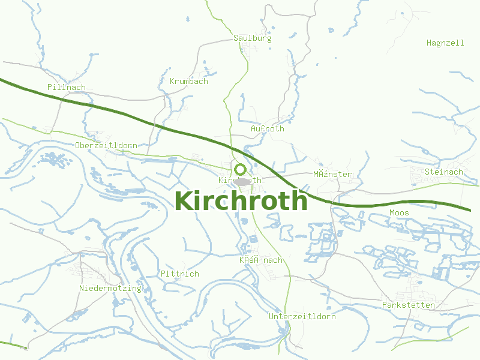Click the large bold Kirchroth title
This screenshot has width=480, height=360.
[x=241, y=201]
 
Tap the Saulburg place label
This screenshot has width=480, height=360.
[x=252, y=38]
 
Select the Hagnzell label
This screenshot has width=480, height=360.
[x=445, y=43]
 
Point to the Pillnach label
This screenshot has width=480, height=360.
[x=66, y=87]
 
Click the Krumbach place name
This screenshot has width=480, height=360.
[x=188, y=81]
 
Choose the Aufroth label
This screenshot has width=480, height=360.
[x=267, y=128]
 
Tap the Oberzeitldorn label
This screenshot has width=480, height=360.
[x=106, y=145]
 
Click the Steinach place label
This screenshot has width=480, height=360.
[x=443, y=172]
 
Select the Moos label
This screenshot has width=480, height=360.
[x=399, y=212]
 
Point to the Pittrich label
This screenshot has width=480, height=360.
[x=179, y=274]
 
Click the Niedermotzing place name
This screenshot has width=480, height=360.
[x=110, y=288]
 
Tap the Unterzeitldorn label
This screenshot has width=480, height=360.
[x=302, y=316]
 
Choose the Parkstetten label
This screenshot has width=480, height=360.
[x=408, y=305]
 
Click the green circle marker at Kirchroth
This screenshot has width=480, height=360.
[x=240, y=170]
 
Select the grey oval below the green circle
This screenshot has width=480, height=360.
[x=242, y=181]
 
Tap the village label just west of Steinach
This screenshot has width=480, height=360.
[x=332, y=174]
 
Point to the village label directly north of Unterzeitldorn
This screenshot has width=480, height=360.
[x=260, y=260]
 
